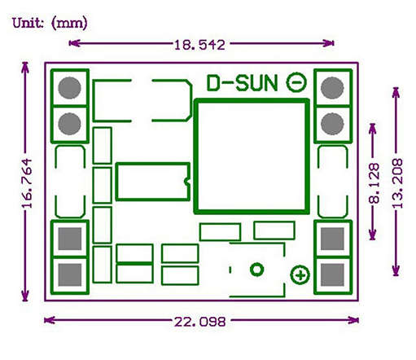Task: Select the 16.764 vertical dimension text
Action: (x=25, y=184)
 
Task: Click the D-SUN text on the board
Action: (x=243, y=82)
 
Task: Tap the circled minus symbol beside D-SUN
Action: (x=297, y=82)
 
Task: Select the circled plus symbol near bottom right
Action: (x=300, y=275)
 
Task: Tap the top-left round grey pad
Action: (x=69, y=86)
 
